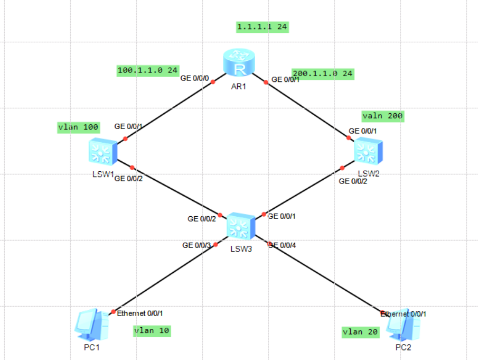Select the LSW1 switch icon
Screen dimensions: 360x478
[x=102, y=152]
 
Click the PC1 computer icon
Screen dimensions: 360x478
[x=92, y=325]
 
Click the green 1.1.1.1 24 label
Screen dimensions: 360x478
[x=263, y=26]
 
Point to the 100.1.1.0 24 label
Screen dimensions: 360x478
[x=148, y=70]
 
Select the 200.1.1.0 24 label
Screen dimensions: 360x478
[x=322, y=73]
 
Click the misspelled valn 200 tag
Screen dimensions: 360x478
[x=383, y=116]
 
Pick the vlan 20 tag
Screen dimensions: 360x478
[x=360, y=331]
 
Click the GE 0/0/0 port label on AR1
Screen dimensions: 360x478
[x=195, y=79]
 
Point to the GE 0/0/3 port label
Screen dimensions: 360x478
[x=196, y=245]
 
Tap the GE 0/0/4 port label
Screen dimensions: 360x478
[x=283, y=245]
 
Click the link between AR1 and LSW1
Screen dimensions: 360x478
[x=169, y=111]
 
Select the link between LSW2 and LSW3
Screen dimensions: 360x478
[x=304, y=191]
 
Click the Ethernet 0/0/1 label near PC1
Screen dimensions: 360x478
[x=140, y=313]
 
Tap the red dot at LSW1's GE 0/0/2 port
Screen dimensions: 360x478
[x=132, y=168]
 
